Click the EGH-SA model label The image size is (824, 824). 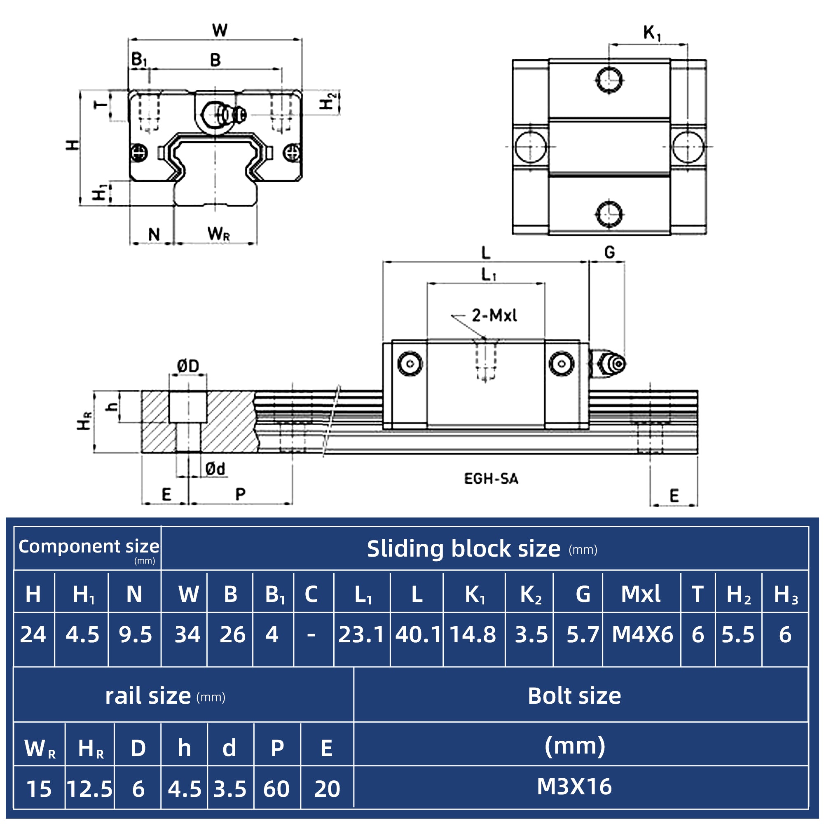491,479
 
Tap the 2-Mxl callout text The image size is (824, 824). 494,316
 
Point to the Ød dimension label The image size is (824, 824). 215,469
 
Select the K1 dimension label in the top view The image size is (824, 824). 652,33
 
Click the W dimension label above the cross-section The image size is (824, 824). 220,30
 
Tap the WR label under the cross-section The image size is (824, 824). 219,234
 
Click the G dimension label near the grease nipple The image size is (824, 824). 609,253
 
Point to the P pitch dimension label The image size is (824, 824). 241,494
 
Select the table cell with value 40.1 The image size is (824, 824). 417,634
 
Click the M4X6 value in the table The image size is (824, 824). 642,634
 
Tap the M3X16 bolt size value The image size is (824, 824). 574,787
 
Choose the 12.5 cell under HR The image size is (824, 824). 89,789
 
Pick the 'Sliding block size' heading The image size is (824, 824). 463,548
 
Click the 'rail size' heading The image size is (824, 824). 148,696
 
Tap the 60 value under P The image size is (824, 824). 276,789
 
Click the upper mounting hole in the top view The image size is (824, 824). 609,80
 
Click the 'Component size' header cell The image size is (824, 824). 88,547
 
